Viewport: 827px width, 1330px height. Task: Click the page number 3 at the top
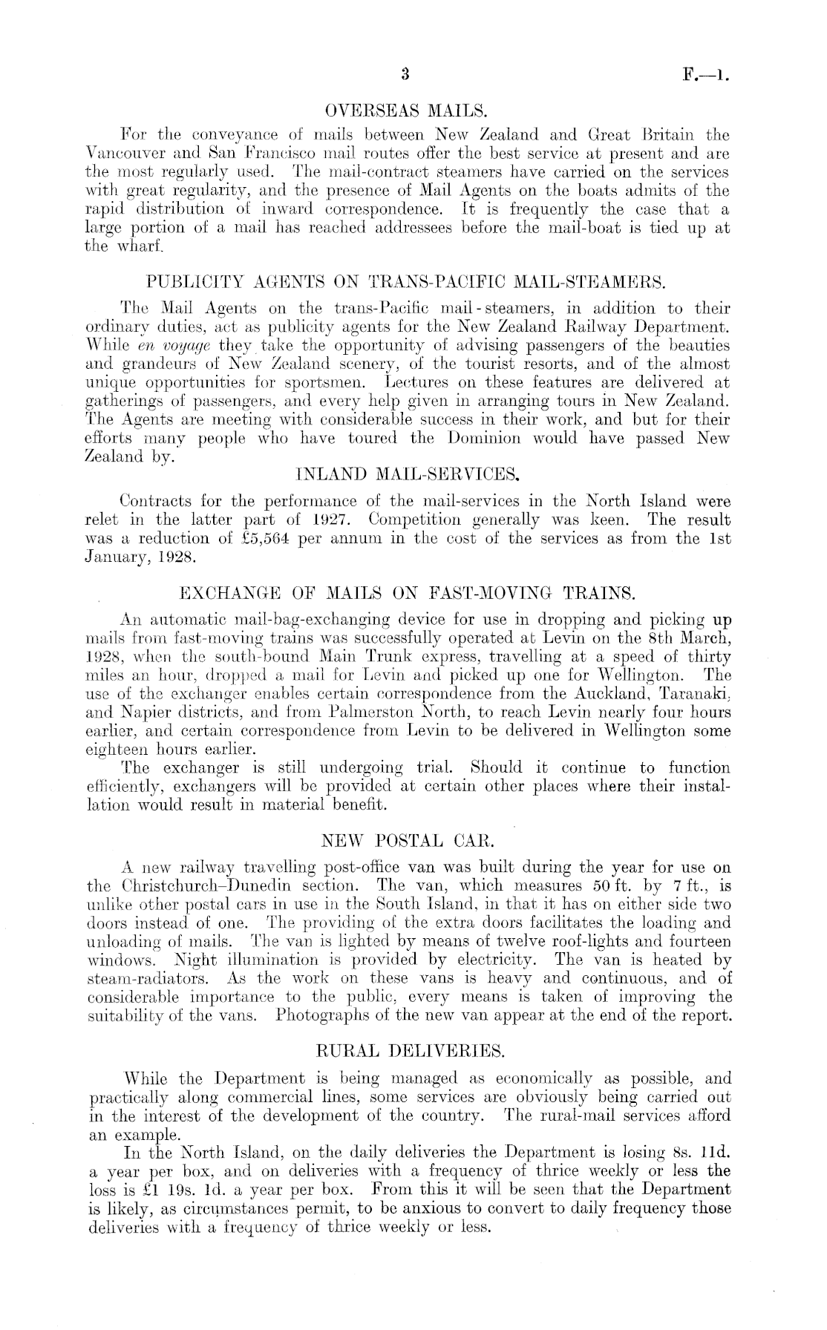point(405,73)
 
